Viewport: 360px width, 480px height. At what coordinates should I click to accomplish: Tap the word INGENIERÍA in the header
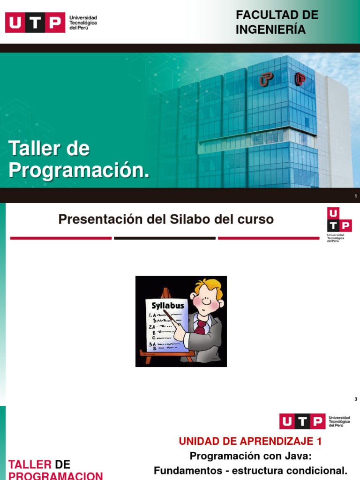point(270,30)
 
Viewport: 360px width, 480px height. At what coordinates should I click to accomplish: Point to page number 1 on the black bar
point(356,196)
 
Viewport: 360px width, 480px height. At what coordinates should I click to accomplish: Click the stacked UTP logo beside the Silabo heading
point(338,224)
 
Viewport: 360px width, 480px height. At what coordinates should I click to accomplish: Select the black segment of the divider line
point(165,238)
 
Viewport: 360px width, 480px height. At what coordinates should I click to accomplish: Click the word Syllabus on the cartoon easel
point(167,305)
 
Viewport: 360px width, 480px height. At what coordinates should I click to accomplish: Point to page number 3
point(356,399)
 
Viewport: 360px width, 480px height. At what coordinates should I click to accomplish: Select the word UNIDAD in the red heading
point(200,441)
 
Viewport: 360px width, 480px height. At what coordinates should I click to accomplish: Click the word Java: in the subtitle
point(294,456)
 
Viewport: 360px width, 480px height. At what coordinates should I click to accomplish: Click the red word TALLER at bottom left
point(30,465)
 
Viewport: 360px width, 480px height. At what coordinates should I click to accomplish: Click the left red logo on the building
point(266,80)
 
